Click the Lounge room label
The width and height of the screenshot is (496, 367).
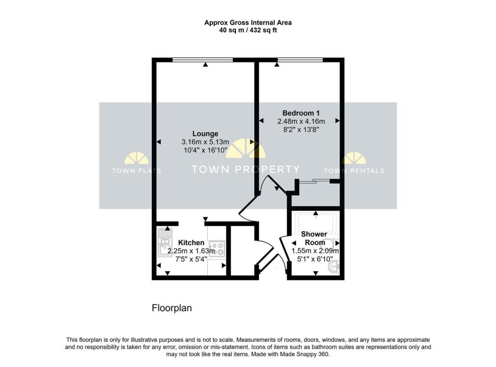205,134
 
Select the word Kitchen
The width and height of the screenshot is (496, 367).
191,243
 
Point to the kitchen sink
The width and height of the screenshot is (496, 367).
165,242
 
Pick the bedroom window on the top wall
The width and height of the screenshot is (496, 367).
300,60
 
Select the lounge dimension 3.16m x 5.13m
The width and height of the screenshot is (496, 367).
205,142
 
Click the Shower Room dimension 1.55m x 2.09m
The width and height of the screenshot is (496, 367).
315,251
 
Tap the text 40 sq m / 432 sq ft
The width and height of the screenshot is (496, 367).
248,30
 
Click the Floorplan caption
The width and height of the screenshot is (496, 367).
172,308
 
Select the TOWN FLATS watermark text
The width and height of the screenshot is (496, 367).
137,170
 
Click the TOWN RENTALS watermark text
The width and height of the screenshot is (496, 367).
354,170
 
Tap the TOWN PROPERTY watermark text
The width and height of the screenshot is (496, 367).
246,169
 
